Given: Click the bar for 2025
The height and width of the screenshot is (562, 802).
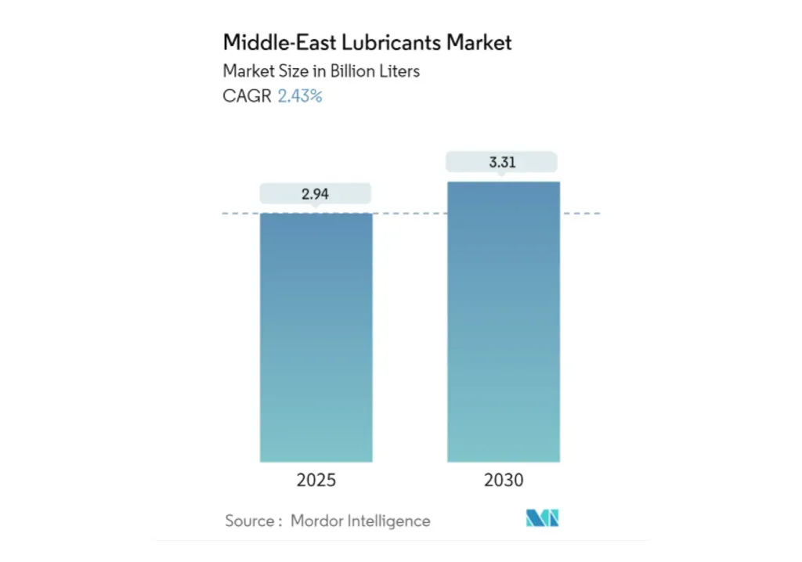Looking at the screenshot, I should tap(316, 337).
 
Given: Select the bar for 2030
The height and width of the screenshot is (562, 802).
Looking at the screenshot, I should tap(504, 321).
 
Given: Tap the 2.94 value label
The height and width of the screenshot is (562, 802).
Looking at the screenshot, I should tap(315, 194).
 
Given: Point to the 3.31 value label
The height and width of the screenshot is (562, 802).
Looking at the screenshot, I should tap(502, 163).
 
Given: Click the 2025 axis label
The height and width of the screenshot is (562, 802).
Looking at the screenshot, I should tap(316, 480).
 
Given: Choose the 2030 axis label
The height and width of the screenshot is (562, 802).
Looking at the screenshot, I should tap(504, 480).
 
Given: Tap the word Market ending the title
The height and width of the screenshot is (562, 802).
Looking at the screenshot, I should tap(479, 42).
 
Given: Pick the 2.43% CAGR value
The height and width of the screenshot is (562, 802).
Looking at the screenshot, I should tap(300, 96).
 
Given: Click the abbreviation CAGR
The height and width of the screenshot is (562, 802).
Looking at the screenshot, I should tap(247, 96).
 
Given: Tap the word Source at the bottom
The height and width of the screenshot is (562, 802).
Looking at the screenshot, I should tap(248, 521).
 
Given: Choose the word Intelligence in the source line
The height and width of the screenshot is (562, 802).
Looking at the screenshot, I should tap(391, 521).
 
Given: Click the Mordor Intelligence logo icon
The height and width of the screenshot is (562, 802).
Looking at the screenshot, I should tap(542, 518).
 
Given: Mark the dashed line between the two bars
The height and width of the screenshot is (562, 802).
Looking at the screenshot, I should tap(410, 213).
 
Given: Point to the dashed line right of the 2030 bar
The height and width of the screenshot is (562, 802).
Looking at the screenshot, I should tap(580, 213).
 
